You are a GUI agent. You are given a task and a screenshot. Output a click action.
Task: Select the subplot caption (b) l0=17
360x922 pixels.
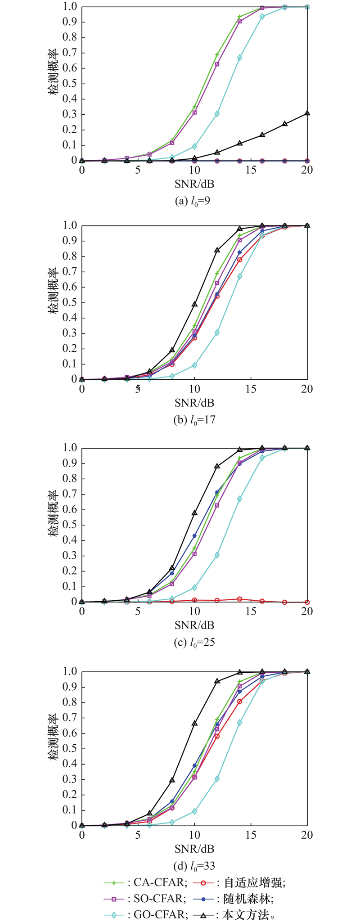[x=194, y=420]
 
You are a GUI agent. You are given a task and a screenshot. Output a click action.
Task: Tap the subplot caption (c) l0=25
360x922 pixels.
[x=194, y=642]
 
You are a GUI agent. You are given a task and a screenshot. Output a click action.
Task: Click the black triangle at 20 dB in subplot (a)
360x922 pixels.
[x=307, y=113]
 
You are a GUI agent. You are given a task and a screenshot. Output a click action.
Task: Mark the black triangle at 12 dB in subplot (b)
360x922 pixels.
[x=217, y=250]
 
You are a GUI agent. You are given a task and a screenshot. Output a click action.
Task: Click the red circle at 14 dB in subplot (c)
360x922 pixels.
[x=239, y=599]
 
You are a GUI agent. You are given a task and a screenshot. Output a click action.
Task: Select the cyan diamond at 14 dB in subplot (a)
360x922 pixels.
[x=239, y=58]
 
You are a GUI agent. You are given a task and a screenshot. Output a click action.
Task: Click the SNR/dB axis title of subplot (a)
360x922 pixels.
[x=194, y=184]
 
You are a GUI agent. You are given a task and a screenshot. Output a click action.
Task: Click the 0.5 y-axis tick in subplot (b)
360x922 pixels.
[x=72, y=302]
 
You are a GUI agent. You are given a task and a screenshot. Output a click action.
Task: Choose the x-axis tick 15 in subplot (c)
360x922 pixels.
[x=251, y=611]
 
